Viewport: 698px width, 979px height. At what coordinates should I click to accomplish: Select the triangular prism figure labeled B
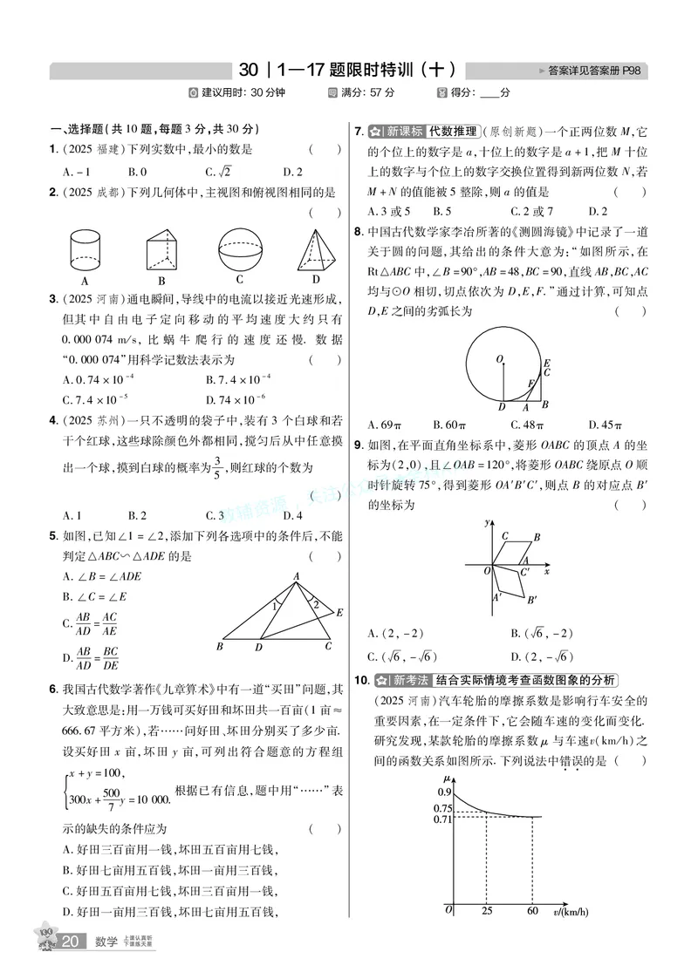[x=162, y=251]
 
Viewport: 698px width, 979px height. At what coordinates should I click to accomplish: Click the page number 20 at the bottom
[x=72, y=942]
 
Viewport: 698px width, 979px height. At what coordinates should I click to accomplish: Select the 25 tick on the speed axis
[x=486, y=911]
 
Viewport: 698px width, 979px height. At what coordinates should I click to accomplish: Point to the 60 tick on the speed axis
[x=532, y=911]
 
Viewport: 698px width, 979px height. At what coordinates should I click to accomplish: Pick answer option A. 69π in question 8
[x=385, y=425]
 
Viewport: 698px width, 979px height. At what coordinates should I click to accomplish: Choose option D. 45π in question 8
[x=606, y=425]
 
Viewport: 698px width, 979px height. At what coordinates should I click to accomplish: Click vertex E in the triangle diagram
[x=339, y=613]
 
